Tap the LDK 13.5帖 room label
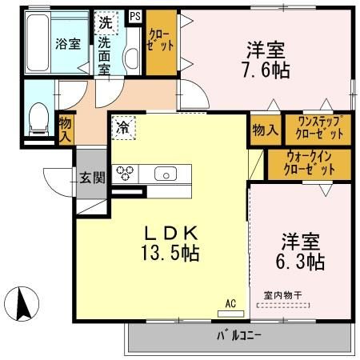point(171,244)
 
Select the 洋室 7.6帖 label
point(266,58)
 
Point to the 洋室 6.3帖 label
point(302,250)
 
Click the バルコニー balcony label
point(238,334)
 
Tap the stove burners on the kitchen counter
point(125,173)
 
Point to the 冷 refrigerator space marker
point(124,127)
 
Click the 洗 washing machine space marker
point(106,22)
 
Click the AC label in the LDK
point(230,303)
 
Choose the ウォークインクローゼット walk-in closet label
point(309,164)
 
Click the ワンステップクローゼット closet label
point(320,128)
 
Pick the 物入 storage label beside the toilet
point(65,129)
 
